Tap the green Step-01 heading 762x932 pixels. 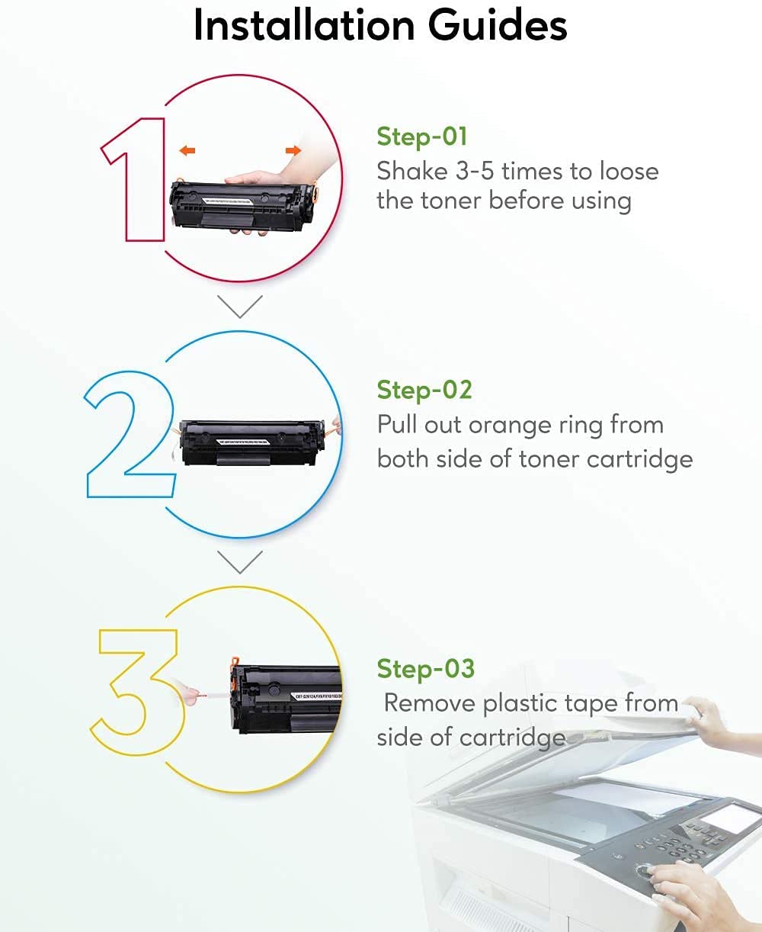(x=421, y=137)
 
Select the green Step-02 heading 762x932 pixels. (x=424, y=390)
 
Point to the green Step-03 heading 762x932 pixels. (x=425, y=668)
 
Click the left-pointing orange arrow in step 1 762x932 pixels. (x=187, y=151)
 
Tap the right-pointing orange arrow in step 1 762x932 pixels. (x=293, y=151)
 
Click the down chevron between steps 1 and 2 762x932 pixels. (x=239, y=306)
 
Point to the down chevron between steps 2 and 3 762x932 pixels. (x=239, y=562)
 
